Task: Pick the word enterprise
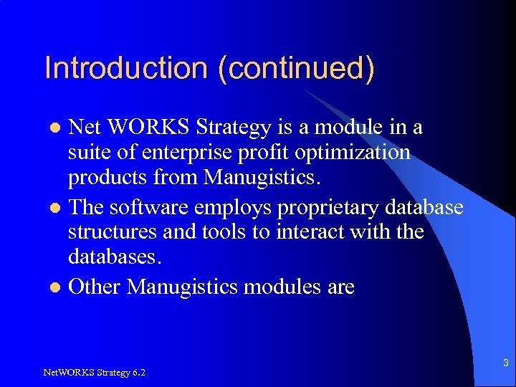click(x=176, y=153)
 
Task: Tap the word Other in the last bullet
click(x=95, y=287)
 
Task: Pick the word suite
click(x=87, y=153)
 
